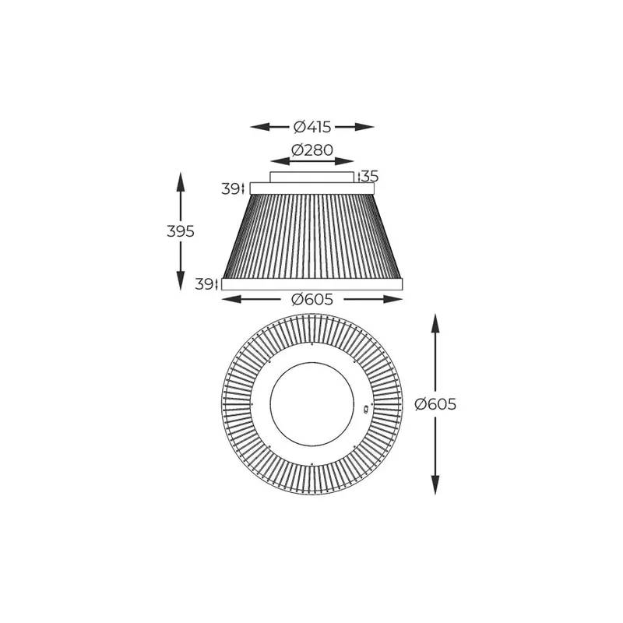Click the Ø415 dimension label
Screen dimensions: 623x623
click(x=312, y=127)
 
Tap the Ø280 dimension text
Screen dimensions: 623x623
click(x=312, y=150)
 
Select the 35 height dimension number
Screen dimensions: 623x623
click(x=370, y=176)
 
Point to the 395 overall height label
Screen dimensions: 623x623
click(x=181, y=231)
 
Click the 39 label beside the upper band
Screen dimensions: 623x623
click(x=230, y=189)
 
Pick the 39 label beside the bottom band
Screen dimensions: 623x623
click(x=204, y=284)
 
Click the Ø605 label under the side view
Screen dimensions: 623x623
click(x=312, y=299)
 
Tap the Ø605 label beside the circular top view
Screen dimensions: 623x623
click(x=435, y=404)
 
